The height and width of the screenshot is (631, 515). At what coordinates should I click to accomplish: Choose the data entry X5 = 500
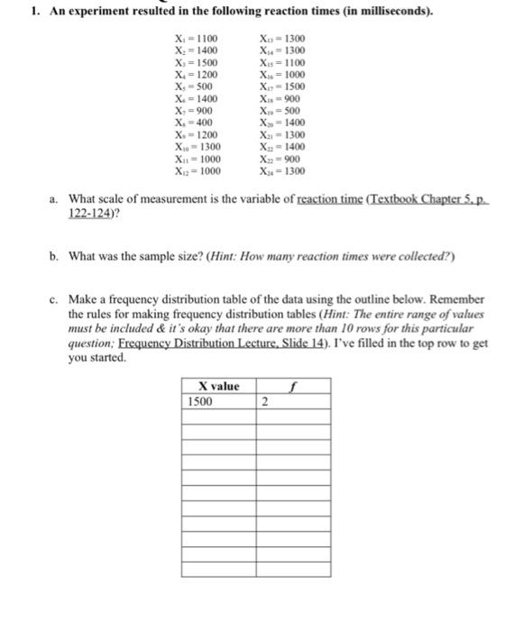tap(197, 87)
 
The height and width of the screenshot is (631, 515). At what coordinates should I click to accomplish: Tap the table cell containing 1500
tap(201, 402)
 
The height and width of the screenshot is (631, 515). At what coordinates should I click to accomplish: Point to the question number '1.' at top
tap(11, 12)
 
